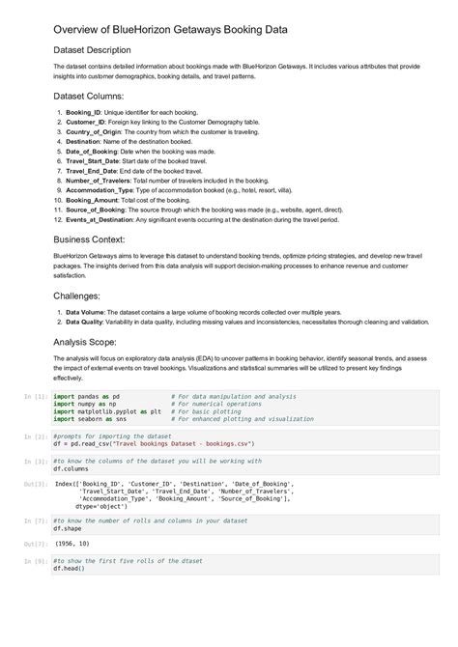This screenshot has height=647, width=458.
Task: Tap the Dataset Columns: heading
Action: tap(88, 97)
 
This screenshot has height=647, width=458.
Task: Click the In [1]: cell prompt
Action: tap(35, 396)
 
